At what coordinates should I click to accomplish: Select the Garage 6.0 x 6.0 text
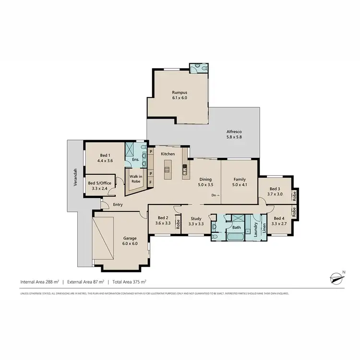[131, 240]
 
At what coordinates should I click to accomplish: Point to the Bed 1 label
[105, 158]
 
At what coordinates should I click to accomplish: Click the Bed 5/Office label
[100, 186]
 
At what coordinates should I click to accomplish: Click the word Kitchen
[167, 154]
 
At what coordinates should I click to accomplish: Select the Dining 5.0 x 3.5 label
[205, 182]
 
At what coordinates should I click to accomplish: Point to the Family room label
[239, 182]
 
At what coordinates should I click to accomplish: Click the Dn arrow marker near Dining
[216, 195]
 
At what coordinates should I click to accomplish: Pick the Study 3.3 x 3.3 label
[196, 221]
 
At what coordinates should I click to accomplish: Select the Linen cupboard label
[264, 228]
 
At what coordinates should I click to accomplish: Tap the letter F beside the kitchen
[151, 183]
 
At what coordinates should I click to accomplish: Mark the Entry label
[118, 205]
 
